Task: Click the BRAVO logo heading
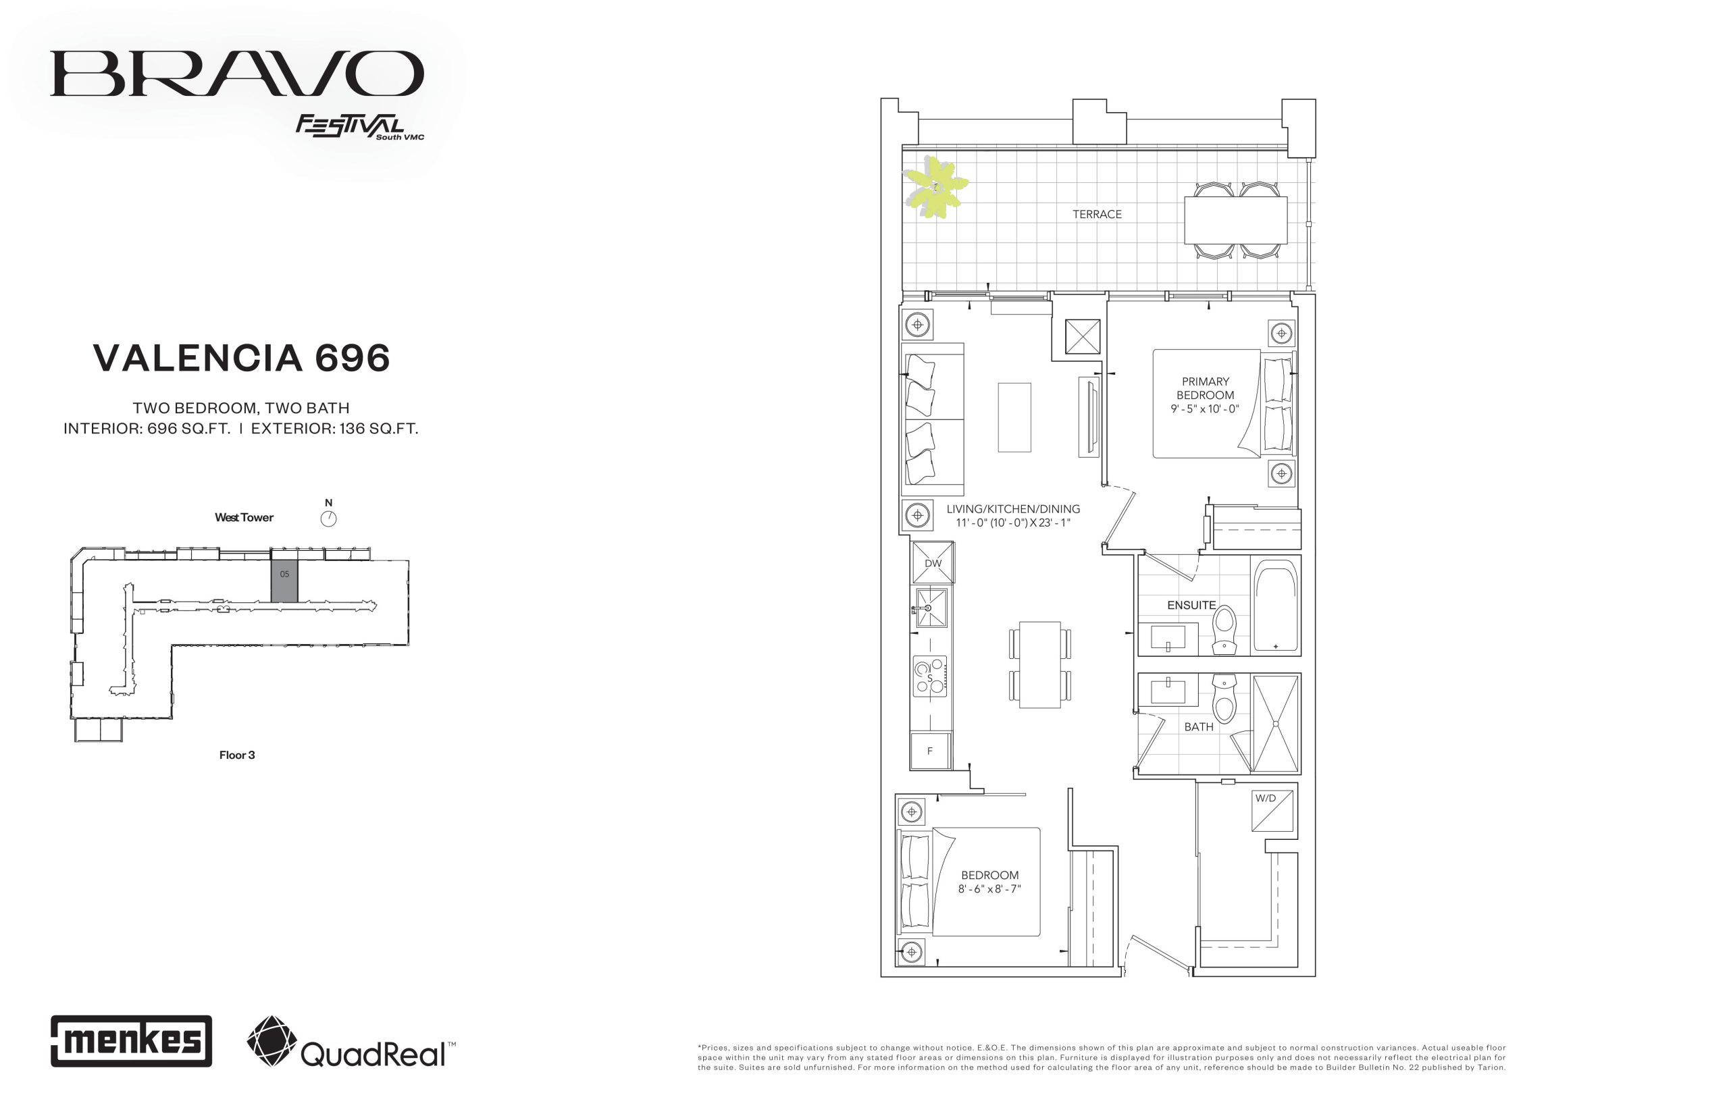click(x=237, y=74)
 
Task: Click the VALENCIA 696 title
click(x=242, y=358)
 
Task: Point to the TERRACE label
click(x=1098, y=214)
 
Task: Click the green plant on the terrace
click(x=936, y=187)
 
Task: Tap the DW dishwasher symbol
click(x=933, y=562)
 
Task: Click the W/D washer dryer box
click(x=1272, y=810)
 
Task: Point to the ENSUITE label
click(x=1191, y=605)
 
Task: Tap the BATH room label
click(x=1199, y=726)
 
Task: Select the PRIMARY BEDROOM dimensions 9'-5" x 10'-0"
click(x=1206, y=408)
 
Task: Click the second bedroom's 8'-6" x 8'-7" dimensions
click(x=989, y=888)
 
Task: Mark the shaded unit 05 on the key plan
click(x=284, y=576)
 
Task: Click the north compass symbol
click(x=328, y=518)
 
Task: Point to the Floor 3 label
click(x=237, y=755)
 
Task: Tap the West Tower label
click(x=244, y=518)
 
